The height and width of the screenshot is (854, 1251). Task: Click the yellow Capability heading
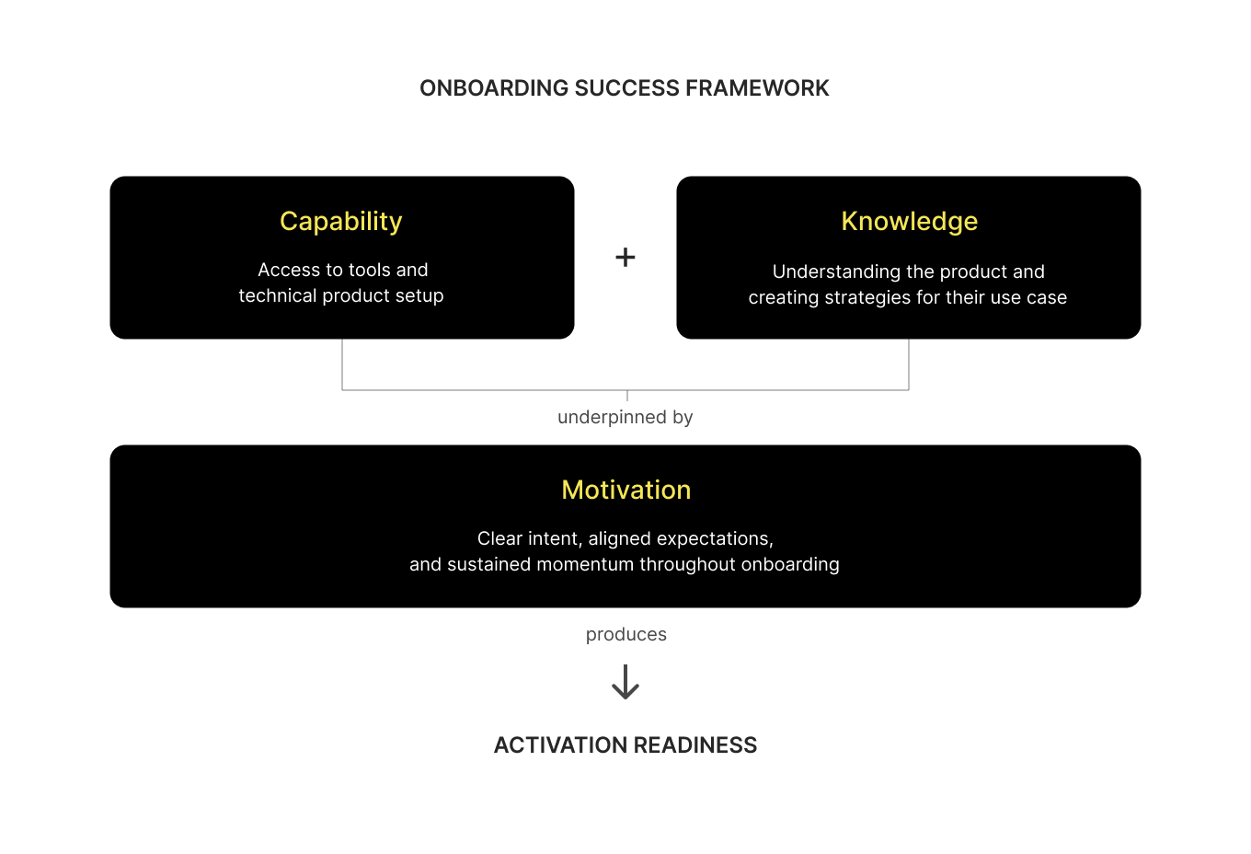click(340, 222)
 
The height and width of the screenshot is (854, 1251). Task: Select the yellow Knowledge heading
click(909, 222)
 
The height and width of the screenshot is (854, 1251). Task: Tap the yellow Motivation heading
click(625, 490)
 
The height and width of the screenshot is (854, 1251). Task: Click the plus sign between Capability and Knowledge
click(625, 258)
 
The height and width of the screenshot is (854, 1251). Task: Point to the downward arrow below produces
click(625, 683)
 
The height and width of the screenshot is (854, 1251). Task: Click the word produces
click(625, 635)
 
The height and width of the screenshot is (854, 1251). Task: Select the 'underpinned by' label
click(625, 418)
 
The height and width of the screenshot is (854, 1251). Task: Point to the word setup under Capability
click(419, 296)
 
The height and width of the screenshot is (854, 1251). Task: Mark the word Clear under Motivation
click(499, 539)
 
